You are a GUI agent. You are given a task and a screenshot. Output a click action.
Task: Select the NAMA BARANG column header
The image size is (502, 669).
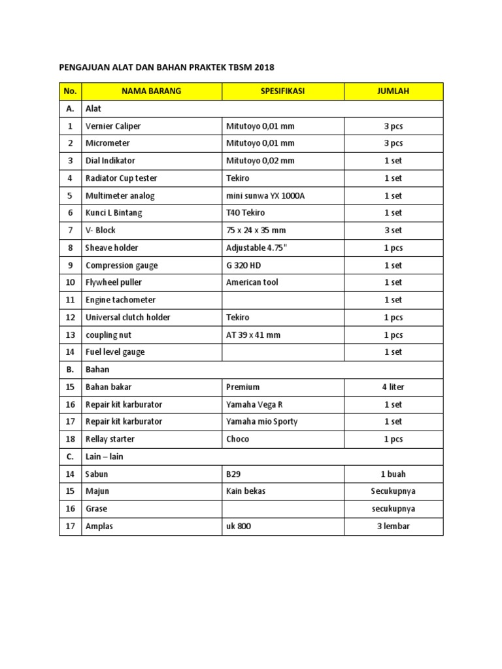[x=151, y=91]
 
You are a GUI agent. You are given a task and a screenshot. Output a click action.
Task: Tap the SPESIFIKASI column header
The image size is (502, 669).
[x=282, y=91]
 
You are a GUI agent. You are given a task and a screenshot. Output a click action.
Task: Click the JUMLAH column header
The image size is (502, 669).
[x=393, y=91]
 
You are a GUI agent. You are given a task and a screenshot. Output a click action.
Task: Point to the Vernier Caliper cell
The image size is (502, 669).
[x=113, y=126]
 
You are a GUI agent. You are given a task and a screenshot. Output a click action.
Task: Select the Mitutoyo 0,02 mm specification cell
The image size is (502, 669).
[x=260, y=161]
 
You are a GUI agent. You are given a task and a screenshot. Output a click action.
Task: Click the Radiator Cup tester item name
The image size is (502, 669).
[x=121, y=178]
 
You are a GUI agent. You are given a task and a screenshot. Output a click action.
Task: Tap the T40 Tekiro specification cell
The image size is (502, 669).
[x=245, y=213]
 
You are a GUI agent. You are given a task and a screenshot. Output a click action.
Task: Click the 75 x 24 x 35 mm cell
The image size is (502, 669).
[x=256, y=231]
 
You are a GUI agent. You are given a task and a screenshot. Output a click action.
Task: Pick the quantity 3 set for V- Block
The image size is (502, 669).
[x=393, y=231]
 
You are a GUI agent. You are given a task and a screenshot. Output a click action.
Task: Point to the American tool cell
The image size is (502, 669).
[x=252, y=282]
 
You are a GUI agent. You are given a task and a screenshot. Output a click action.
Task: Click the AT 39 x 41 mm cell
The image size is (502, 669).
[x=253, y=334]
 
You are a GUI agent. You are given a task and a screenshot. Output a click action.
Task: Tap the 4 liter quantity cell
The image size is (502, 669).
[x=393, y=387]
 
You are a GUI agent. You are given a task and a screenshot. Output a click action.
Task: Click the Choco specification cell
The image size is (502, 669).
[x=237, y=439]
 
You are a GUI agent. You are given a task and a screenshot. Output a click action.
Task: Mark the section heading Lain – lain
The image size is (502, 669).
[x=104, y=457]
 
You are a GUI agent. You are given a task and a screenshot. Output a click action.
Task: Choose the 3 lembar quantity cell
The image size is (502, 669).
[x=393, y=526]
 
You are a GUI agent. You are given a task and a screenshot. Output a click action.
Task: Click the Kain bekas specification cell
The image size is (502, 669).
[x=246, y=491]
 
